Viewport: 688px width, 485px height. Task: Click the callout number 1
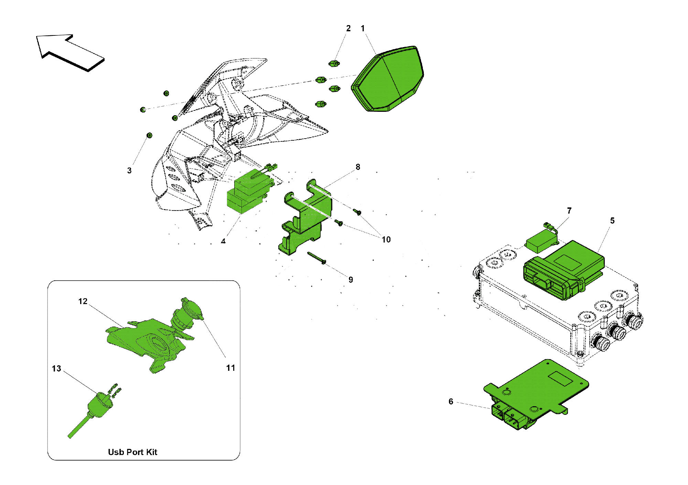pos(363,29)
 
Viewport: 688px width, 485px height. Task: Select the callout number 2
pos(348,29)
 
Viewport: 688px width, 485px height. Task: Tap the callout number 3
pos(129,171)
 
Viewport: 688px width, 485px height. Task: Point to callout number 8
pos(358,167)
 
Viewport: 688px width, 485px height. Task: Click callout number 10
pos(386,240)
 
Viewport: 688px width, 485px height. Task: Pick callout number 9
pos(351,280)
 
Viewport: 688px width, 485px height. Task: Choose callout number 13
pos(56,369)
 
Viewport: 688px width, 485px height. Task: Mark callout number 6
pos(451,402)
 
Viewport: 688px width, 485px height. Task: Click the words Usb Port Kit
pos(132,452)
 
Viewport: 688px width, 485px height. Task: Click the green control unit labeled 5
pos(564,270)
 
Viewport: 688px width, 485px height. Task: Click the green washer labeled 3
pos(149,136)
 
